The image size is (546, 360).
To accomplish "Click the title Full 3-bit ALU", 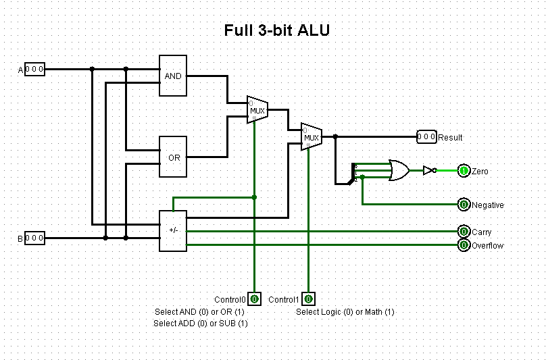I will pyautogui.click(x=277, y=31).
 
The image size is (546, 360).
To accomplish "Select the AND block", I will pyautogui.click(x=173, y=76).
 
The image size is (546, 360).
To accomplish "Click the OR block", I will pyautogui.click(x=173, y=157).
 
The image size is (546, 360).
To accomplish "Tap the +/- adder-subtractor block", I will pyautogui.click(x=173, y=230).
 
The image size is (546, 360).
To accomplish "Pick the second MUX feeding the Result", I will pyautogui.click(x=311, y=137).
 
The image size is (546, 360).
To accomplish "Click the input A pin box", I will pyautogui.click(x=34, y=69).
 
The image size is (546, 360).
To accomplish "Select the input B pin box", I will pyautogui.click(x=34, y=238).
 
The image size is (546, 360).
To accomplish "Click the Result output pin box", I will pyautogui.click(x=426, y=136).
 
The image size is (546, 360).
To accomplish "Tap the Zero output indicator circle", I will pyautogui.click(x=464, y=171).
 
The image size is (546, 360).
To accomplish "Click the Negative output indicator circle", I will pyautogui.click(x=464, y=205).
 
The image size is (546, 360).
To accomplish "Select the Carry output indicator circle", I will pyautogui.click(x=464, y=232).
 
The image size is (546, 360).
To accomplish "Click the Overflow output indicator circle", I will pyautogui.click(x=464, y=245).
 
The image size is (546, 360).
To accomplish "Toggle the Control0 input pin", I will pyautogui.click(x=254, y=299).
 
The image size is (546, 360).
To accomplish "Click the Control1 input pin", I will pyautogui.click(x=308, y=299).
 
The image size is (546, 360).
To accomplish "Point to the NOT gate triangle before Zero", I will pyautogui.click(x=428, y=171).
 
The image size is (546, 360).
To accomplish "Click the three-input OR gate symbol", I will pyautogui.click(x=397, y=170).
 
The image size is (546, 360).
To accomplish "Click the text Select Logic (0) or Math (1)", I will pyautogui.click(x=345, y=312).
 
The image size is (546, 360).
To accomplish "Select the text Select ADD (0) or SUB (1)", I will pyautogui.click(x=201, y=324).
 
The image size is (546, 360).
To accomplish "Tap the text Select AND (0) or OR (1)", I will pyautogui.click(x=199, y=312).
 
